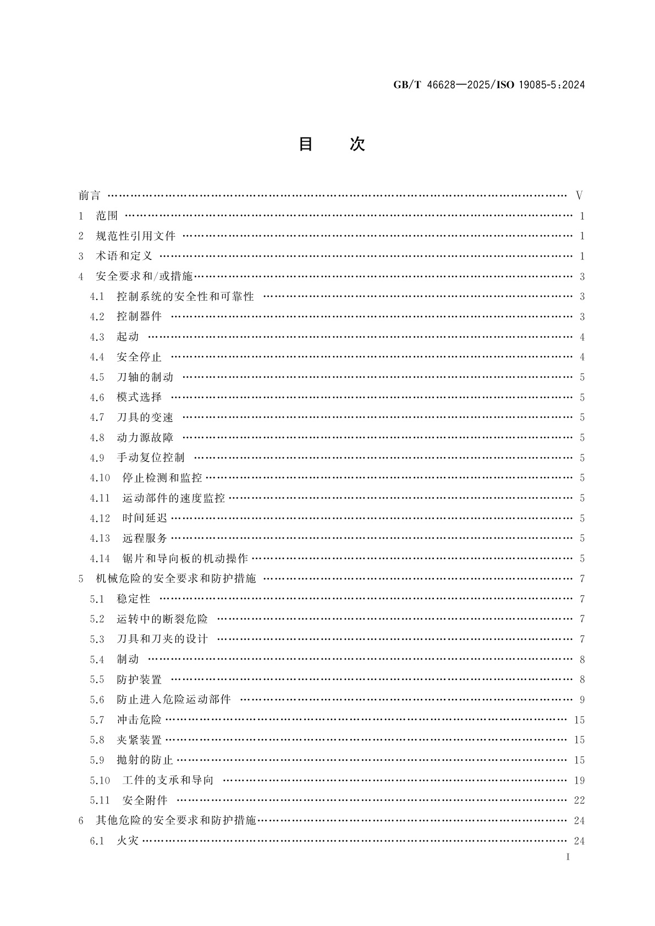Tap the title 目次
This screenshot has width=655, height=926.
click(x=331, y=144)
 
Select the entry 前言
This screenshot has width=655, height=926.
click(x=90, y=196)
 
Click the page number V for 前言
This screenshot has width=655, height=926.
click(x=579, y=196)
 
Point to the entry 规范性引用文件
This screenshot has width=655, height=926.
click(x=135, y=236)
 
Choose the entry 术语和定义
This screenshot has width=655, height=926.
click(x=124, y=256)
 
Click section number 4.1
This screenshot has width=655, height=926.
click(x=97, y=297)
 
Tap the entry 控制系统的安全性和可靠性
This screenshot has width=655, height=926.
click(x=185, y=297)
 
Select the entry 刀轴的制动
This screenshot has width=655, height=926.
click(x=145, y=377)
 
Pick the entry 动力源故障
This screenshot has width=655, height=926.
click(x=145, y=437)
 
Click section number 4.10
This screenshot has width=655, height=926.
click(x=100, y=478)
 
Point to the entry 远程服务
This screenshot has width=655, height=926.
click(x=145, y=539)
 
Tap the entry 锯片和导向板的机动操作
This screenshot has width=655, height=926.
click(x=185, y=558)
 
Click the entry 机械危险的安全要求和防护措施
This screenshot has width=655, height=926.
click(x=176, y=579)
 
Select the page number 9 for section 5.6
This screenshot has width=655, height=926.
click(x=582, y=700)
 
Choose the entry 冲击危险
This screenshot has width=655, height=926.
click(x=139, y=720)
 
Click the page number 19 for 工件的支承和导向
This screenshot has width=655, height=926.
click(x=579, y=780)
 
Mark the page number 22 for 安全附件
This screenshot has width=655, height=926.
click(x=579, y=800)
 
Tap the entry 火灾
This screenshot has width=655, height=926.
click(x=128, y=841)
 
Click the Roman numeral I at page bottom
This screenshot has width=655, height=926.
click(x=568, y=857)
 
